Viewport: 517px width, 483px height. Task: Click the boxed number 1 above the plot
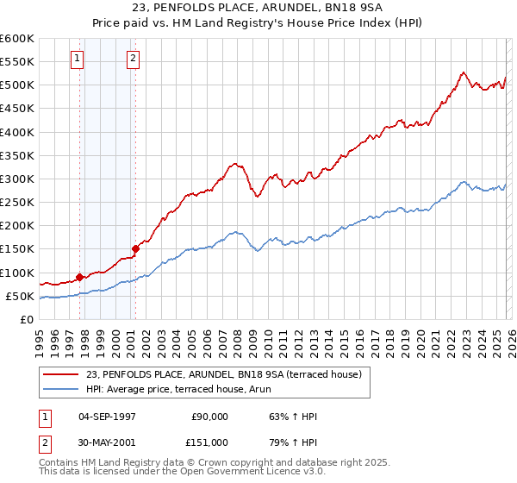(78, 59)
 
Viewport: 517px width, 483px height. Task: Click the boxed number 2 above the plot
(134, 59)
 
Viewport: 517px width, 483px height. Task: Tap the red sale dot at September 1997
(79, 277)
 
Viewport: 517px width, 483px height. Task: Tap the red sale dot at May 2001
(135, 248)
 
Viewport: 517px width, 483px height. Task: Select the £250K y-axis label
(16, 203)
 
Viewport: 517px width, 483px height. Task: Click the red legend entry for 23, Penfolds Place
(228, 374)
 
